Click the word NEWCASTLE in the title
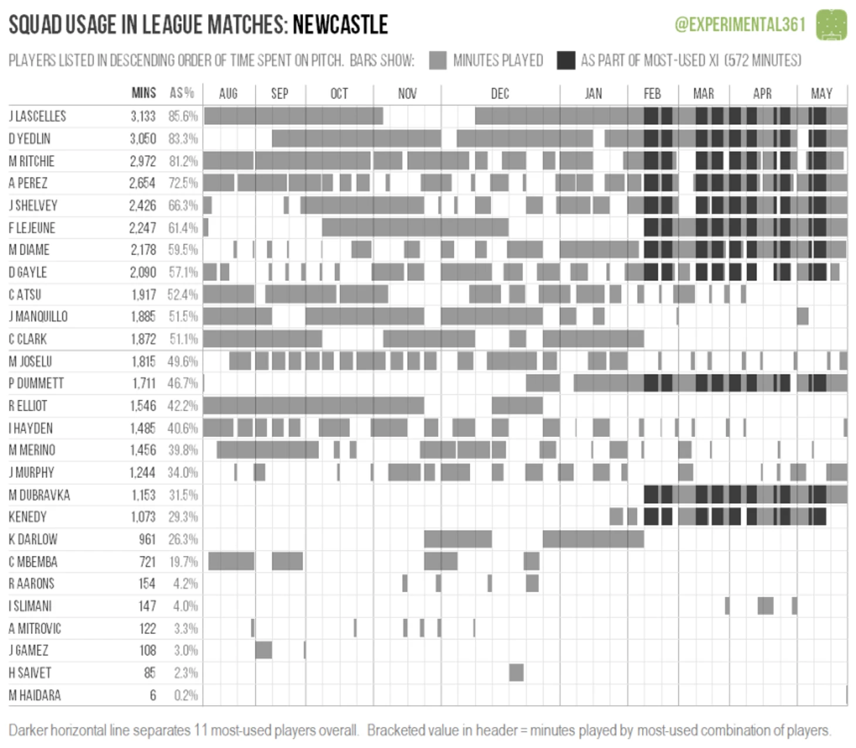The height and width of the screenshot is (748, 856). click(x=340, y=25)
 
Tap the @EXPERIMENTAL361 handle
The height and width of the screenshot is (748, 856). click(x=740, y=25)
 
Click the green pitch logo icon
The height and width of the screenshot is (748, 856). click(x=831, y=25)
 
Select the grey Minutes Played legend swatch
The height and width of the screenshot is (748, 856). click(x=437, y=60)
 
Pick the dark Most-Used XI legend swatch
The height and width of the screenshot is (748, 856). click(x=566, y=60)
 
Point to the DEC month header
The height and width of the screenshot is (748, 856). click(x=500, y=94)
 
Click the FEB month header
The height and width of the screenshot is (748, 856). click(x=652, y=94)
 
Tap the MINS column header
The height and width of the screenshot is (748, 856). click(x=144, y=93)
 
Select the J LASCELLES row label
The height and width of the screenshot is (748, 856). click(x=38, y=116)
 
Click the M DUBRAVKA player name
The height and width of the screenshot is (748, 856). click(x=39, y=495)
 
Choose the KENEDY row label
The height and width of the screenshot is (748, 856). click(x=28, y=517)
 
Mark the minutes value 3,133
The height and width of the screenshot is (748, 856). click(x=143, y=116)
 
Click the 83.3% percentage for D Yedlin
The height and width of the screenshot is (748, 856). click(x=183, y=139)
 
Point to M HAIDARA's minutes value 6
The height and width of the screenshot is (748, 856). click(x=152, y=695)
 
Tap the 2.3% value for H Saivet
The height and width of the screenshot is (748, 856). click(x=185, y=673)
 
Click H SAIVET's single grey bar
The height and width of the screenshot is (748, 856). click(x=516, y=672)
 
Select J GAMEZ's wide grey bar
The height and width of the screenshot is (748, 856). click(x=263, y=650)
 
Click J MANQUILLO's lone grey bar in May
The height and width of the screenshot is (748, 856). click(x=802, y=317)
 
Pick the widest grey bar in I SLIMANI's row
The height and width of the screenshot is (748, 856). click(x=765, y=606)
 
